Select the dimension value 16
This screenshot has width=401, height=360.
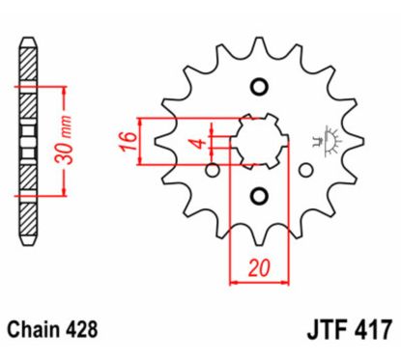[x=127, y=141]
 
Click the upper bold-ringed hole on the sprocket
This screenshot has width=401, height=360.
[x=258, y=88]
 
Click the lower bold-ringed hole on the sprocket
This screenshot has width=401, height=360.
[x=258, y=197]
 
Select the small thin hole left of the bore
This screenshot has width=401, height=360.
[x=212, y=171]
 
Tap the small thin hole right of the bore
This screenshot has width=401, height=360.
[x=305, y=171]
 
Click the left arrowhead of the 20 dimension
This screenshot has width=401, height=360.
[x=234, y=283]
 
